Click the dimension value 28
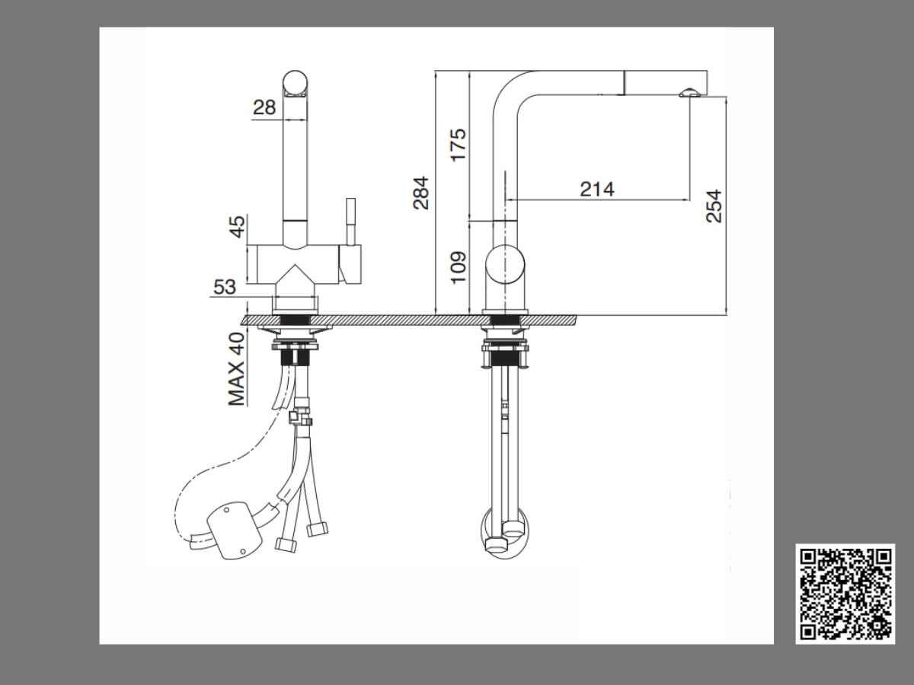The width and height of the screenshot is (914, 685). [264, 107]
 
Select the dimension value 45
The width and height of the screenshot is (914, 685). [238, 227]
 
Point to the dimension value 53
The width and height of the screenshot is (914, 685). [225, 287]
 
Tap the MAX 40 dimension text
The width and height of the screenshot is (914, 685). [237, 368]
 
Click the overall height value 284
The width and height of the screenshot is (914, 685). [421, 193]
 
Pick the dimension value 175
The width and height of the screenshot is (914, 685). [459, 145]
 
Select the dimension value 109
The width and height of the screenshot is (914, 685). [459, 267]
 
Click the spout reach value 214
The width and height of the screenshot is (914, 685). [597, 190]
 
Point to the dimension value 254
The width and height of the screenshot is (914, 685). [714, 206]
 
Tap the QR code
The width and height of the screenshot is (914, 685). [845, 594]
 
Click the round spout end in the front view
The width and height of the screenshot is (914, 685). [296, 82]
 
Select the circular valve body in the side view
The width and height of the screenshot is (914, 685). [505, 264]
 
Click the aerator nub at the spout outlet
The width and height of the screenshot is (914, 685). [689, 92]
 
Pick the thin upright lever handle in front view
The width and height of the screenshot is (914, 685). [351, 221]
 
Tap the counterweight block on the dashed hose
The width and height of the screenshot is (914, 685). [235, 530]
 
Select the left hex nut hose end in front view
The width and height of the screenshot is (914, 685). [286, 545]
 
